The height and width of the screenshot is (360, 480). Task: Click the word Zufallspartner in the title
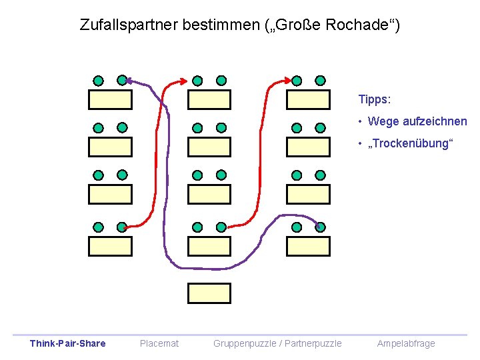coord(122,25)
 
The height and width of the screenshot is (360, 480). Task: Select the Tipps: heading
coord(375,99)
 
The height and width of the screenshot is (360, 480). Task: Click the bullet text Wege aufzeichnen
coord(417,121)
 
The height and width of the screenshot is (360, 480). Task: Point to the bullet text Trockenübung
coord(413,143)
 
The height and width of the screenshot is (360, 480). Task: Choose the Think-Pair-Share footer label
coord(67,343)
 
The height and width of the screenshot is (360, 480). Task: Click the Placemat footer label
coord(159,343)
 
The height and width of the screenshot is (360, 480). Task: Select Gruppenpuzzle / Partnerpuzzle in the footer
coord(277,343)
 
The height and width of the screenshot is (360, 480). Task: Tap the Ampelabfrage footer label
coord(406,343)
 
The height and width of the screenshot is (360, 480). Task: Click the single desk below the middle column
coord(209,293)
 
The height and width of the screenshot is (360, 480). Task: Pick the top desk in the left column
coord(111,99)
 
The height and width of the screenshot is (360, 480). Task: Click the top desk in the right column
coord(308,99)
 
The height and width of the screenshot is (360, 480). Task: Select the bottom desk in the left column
coord(111,246)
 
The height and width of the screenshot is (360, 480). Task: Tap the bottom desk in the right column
coord(308,246)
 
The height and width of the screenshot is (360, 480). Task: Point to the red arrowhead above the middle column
coord(184,81)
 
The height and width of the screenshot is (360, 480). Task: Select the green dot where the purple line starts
coord(320,227)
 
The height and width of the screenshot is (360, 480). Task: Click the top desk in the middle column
coord(209,99)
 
